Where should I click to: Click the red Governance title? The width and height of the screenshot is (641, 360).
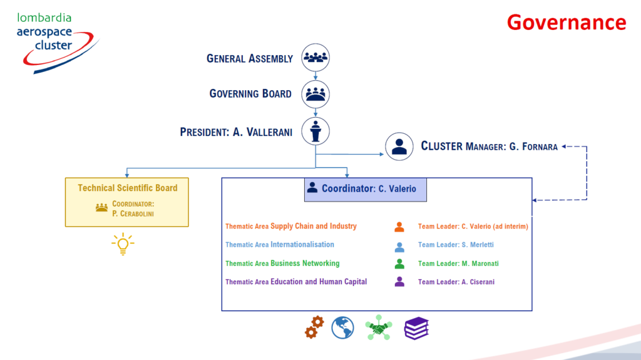click(566, 23)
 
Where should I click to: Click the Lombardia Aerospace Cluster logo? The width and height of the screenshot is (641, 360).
click(58, 43)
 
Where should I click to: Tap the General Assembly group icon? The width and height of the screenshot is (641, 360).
click(315, 58)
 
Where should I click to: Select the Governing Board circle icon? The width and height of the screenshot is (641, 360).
click(315, 95)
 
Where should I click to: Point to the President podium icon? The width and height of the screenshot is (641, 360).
click(315, 131)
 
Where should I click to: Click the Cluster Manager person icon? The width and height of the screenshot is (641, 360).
click(399, 147)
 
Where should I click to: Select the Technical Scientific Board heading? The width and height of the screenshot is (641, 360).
click(128, 188)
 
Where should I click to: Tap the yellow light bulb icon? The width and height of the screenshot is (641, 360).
click(123, 244)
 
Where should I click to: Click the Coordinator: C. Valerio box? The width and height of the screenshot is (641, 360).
click(366, 190)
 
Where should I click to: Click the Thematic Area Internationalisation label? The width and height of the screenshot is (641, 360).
click(280, 245)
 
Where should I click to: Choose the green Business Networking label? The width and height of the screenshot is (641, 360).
click(305, 264)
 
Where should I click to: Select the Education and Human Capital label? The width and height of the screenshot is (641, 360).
click(319, 282)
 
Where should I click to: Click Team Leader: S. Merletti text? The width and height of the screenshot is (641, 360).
click(456, 245)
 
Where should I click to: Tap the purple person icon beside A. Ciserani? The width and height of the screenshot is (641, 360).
click(399, 282)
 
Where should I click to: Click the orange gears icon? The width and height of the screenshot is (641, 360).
click(314, 327)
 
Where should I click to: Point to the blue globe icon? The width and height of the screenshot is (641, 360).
click(342, 327)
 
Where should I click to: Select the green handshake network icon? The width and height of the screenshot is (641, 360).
click(379, 327)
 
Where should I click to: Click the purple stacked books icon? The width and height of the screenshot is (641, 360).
click(416, 328)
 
